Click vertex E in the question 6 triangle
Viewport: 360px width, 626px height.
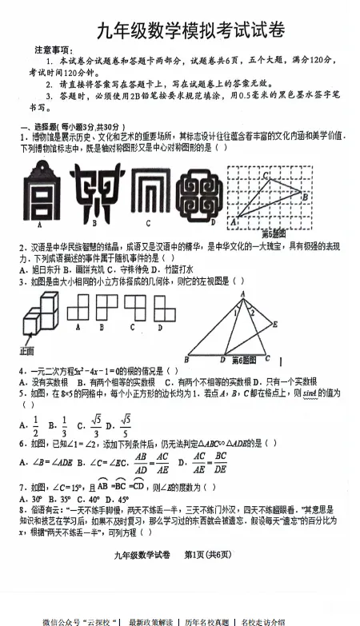pyautogui.click(x=274, y=323)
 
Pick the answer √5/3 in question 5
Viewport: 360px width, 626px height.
pyautogui.click(x=95, y=425)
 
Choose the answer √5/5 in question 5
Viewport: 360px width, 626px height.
pyautogui.click(x=125, y=425)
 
